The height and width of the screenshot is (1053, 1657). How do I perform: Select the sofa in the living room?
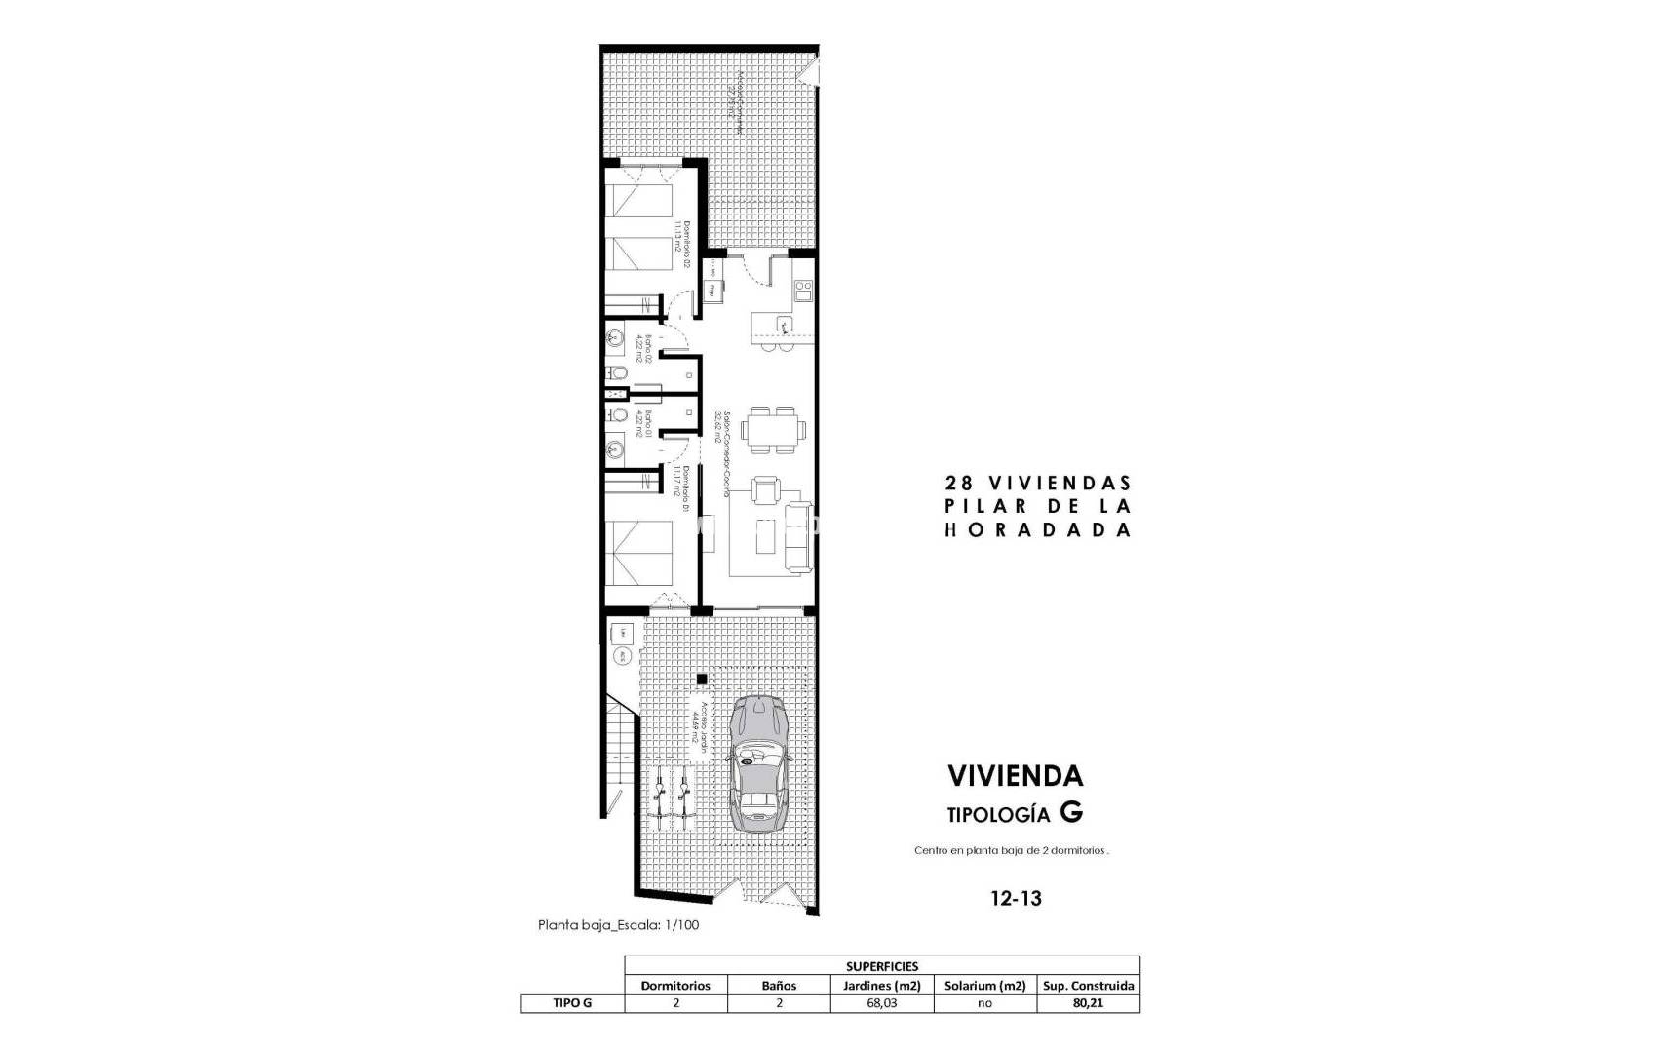[x=798, y=535]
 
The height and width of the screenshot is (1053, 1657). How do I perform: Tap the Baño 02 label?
[x=644, y=349]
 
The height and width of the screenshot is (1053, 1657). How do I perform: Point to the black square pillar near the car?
[x=701, y=680]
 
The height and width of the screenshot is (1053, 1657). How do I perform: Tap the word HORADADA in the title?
[x=1038, y=530]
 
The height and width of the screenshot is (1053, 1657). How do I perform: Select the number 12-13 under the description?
[x=1014, y=898]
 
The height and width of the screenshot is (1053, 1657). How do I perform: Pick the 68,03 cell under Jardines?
[x=881, y=1003]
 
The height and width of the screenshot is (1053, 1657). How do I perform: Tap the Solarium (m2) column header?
[x=984, y=985]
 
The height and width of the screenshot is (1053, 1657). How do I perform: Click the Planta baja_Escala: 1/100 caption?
[x=618, y=925]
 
